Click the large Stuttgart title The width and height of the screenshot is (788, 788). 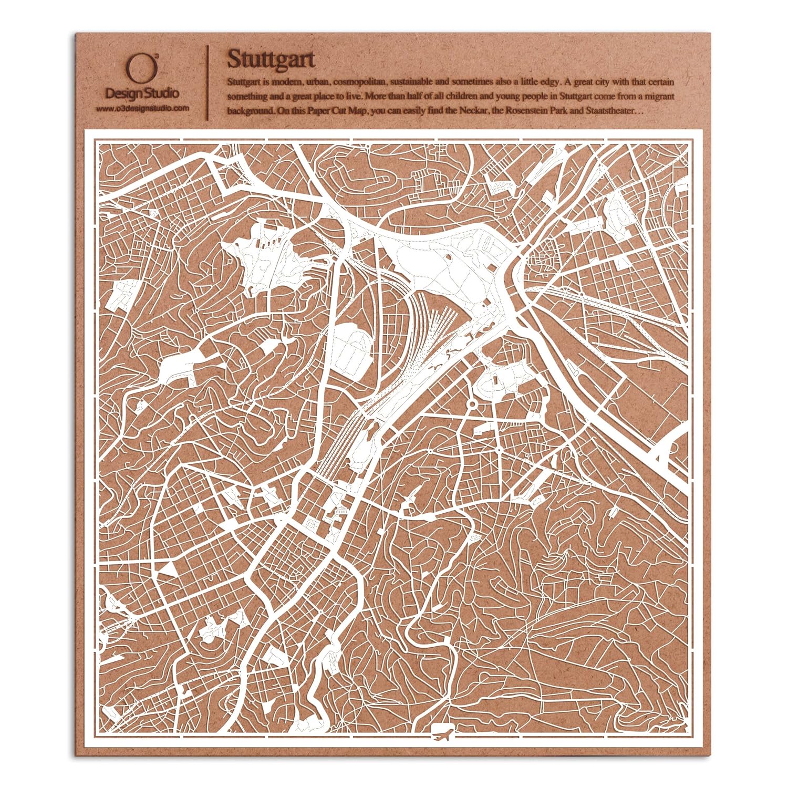pos(271,59)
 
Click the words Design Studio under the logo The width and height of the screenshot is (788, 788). pos(142,94)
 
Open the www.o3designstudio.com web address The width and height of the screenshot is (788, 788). pos(142,108)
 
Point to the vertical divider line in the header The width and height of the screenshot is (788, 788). pos(208,79)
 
